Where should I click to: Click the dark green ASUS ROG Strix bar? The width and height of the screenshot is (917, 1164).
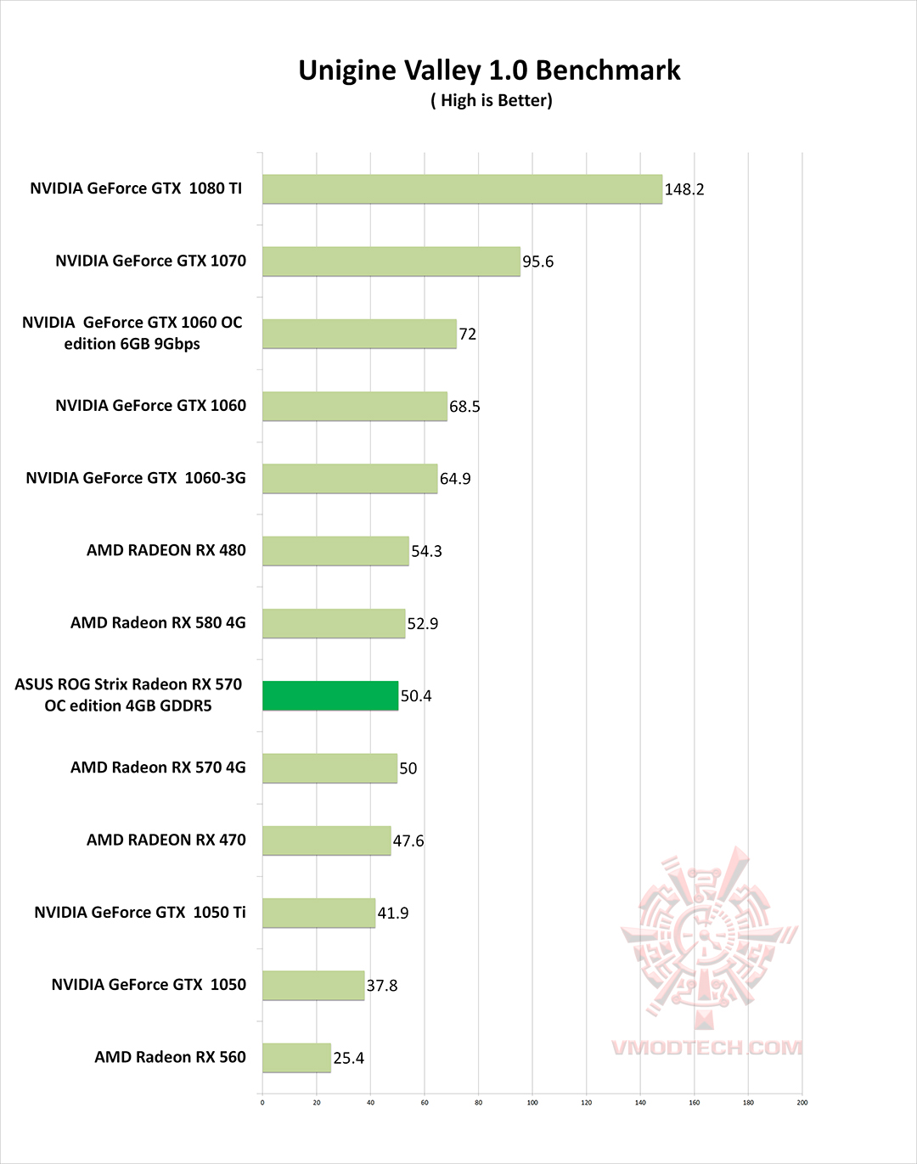point(330,695)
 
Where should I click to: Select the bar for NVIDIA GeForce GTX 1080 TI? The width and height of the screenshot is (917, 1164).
point(462,189)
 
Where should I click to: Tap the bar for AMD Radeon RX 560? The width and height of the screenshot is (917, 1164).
point(296,1058)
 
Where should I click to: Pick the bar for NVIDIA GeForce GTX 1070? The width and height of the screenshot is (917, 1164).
point(391,261)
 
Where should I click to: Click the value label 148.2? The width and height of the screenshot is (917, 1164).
point(684,189)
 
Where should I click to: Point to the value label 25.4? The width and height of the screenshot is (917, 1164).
point(348,1058)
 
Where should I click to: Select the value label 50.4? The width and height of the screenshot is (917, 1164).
point(416,696)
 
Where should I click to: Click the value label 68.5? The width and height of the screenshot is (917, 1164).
point(464,407)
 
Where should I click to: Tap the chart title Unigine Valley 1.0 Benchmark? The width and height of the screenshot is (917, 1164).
point(489,70)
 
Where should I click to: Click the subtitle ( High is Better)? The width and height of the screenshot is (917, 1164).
point(491,101)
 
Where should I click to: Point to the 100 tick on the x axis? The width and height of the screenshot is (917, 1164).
point(532,1103)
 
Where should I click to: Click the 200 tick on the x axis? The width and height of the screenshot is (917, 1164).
point(802,1103)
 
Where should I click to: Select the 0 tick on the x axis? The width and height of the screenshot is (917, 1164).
point(262,1103)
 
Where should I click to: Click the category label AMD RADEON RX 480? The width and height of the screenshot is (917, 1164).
point(166,550)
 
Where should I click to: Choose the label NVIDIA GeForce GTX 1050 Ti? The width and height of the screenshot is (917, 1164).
point(140,912)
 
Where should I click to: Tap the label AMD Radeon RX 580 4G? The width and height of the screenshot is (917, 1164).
point(158,622)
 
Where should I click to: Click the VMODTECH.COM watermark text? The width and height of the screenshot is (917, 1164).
point(706,1048)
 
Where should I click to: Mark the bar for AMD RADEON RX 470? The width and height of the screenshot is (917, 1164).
point(326,841)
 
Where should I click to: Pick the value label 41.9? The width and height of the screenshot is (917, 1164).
point(393,913)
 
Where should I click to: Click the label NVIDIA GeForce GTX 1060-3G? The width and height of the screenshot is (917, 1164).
point(136,478)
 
